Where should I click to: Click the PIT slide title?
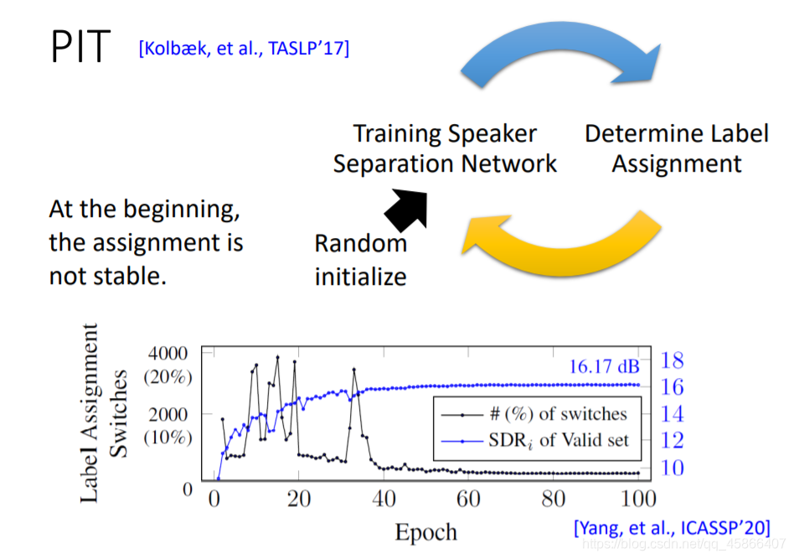[x=80, y=49]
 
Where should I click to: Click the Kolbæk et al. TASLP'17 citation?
[x=244, y=49]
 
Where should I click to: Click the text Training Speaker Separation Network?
[x=445, y=148]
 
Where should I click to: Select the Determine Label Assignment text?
[x=677, y=148]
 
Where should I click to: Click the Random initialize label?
[x=360, y=260]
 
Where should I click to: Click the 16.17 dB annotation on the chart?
[x=604, y=366]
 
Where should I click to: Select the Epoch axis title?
[x=426, y=531]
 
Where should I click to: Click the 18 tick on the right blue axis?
[x=672, y=360]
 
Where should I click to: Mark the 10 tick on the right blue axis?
[x=672, y=467]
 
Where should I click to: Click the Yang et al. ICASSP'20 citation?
[x=672, y=528]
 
